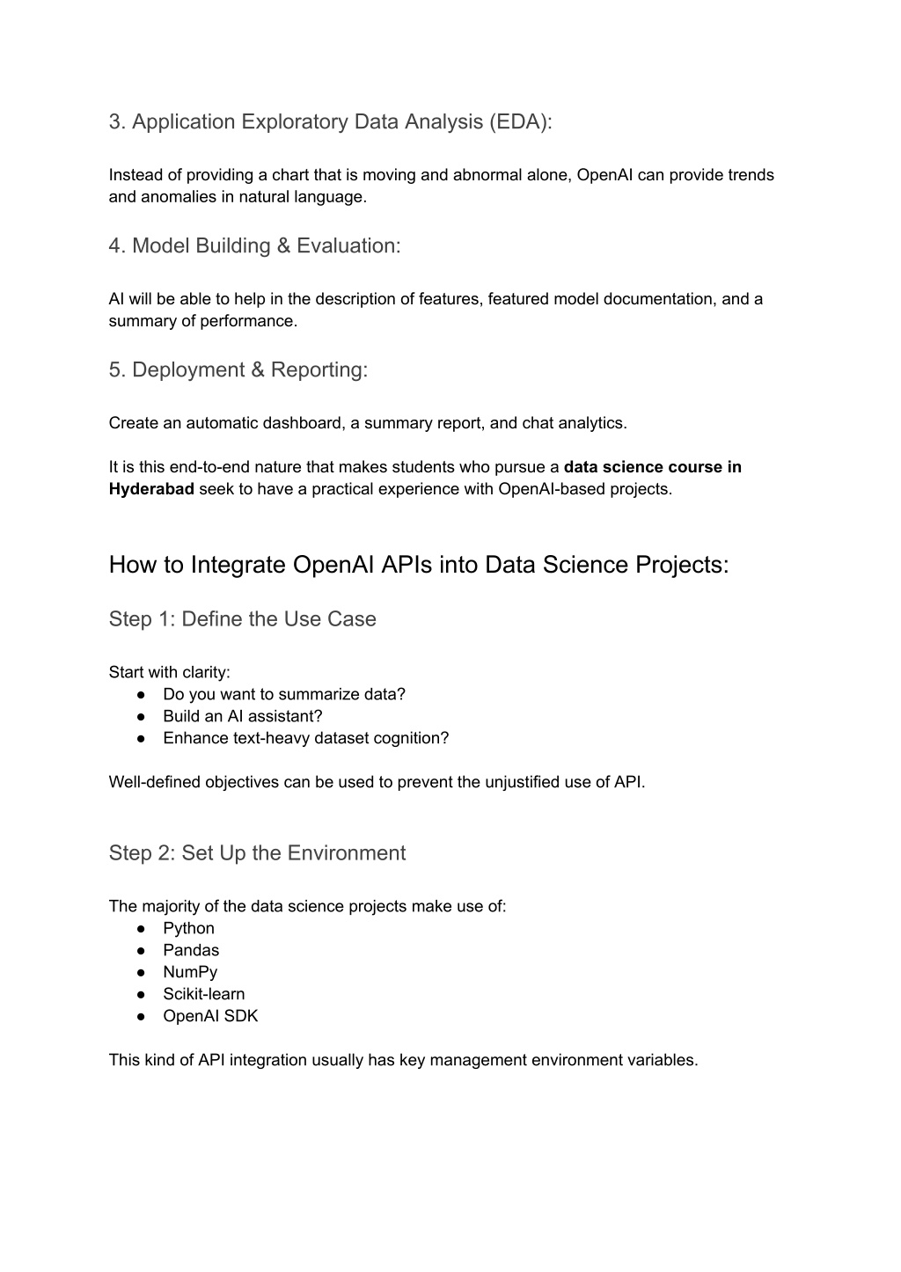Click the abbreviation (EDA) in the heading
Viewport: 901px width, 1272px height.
[523, 121]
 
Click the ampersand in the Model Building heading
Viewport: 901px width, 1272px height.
[283, 245]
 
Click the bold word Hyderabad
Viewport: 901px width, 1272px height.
[151, 489]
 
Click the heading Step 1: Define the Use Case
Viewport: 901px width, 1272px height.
[242, 619]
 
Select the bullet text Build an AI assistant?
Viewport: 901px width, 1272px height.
[242, 716]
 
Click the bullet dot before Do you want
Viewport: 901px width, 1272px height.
[141, 695]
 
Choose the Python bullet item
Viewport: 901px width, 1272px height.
[188, 928]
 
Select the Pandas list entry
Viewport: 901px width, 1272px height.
[191, 950]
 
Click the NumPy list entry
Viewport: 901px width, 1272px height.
[190, 972]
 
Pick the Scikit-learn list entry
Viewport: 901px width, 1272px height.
[203, 994]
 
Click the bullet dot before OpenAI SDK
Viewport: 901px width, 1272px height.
[141, 1017]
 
